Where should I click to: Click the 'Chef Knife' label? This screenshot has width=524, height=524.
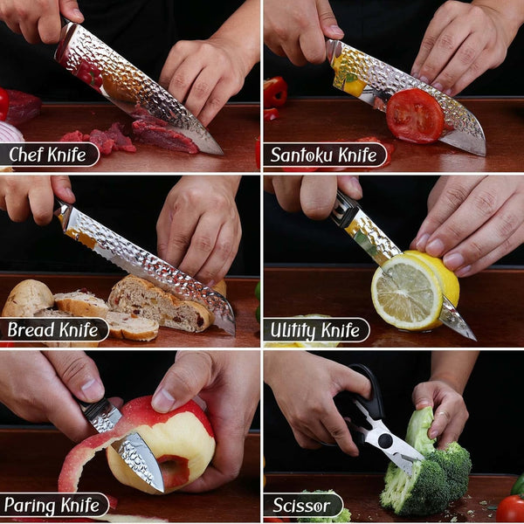pyautogui.click(x=47, y=155)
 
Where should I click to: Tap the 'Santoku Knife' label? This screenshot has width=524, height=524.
pyautogui.click(x=324, y=155)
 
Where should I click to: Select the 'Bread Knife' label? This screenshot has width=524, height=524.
pyautogui.click(x=52, y=329)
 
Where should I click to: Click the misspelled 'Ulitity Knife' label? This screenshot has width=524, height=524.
pyautogui.click(x=315, y=330)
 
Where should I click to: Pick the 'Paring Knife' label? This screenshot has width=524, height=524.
pyautogui.click(x=52, y=505)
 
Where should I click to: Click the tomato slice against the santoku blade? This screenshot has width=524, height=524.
pyautogui.click(x=415, y=115)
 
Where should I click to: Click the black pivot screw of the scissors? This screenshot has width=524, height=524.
pyautogui.click(x=385, y=441)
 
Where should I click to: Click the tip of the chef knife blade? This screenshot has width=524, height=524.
pyautogui.click(x=221, y=153)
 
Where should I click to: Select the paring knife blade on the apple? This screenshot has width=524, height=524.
pyautogui.click(x=141, y=460)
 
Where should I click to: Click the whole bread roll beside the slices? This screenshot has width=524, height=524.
pyautogui.click(x=27, y=298)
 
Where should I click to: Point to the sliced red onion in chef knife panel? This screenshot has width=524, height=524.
pyautogui.click(x=10, y=131)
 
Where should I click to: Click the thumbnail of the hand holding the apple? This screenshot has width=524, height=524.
pyautogui.click(x=163, y=400)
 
